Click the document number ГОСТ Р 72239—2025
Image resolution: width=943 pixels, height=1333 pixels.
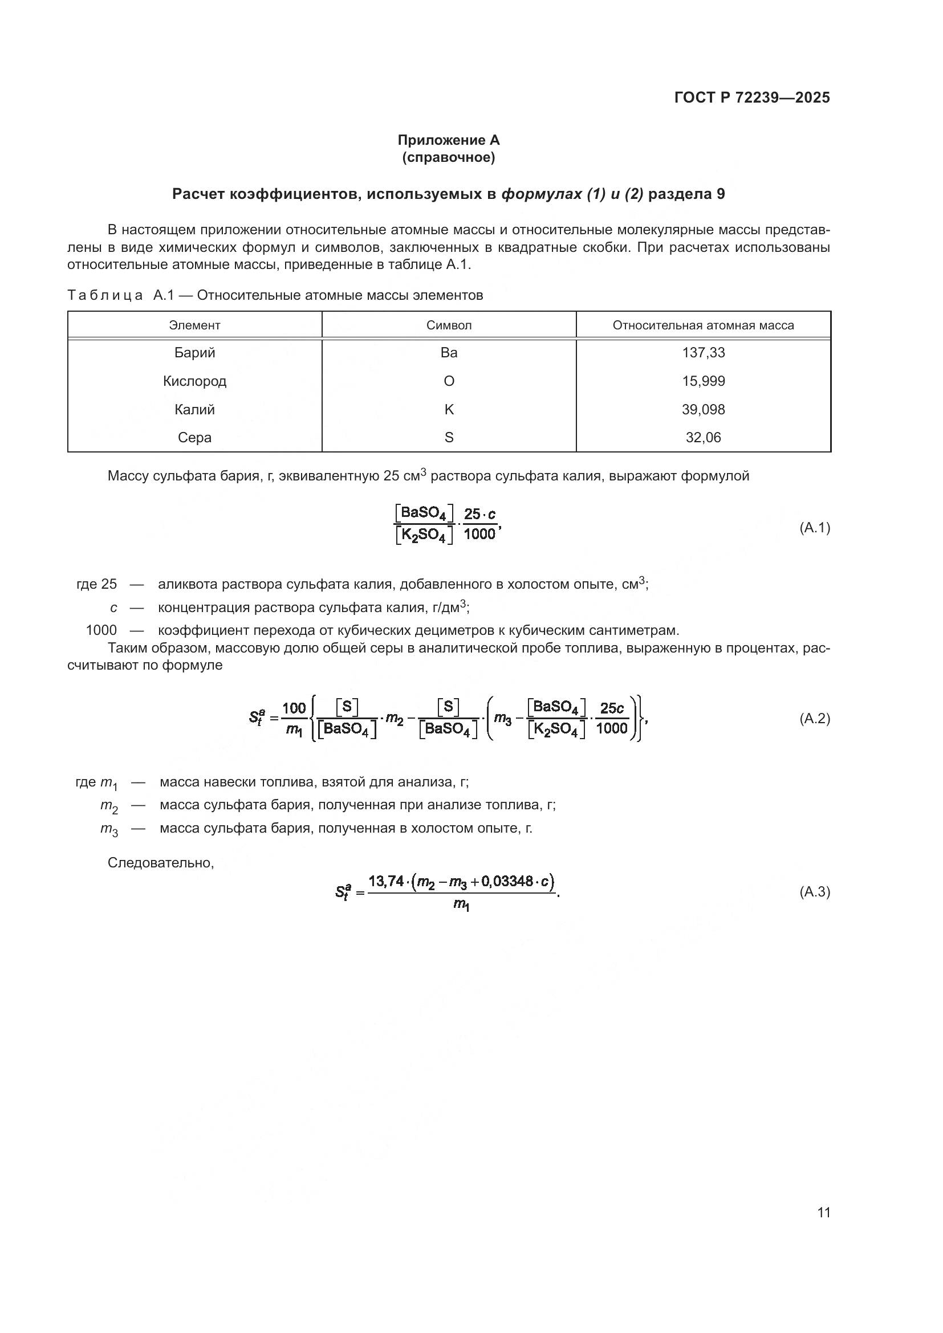click(x=752, y=97)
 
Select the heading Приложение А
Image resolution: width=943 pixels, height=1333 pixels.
click(x=448, y=140)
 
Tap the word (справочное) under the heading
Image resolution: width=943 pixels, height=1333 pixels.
click(x=448, y=157)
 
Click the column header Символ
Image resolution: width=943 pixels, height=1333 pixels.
click(x=449, y=325)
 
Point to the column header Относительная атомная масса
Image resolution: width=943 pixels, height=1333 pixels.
click(x=703, y=325)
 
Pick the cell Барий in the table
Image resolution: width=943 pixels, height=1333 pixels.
click(x=194, y=352)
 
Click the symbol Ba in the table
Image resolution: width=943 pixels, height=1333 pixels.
click(x=449, y=352)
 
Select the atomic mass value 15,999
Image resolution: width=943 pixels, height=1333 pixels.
click(x=703, y=381)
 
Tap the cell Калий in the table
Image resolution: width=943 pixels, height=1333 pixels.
click(x=194, y=409)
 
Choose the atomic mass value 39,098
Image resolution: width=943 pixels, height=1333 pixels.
click(x=703, y=409)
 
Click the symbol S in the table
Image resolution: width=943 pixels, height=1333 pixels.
click(x=449, y=437)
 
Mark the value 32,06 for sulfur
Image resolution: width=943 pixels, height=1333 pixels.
click(x=703, y=437)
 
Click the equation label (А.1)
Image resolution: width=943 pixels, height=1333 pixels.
click(x=815, y=528)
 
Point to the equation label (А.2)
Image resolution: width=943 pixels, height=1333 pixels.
click(x=815, y=719)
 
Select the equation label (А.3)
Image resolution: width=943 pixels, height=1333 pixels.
click(x=815, y=892)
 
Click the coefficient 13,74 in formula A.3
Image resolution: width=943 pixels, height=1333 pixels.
click(x=385, y=881)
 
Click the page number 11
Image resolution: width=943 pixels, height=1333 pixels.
click(x=823, y=1213)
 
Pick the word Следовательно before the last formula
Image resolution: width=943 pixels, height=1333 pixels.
click(x=161, y=863)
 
